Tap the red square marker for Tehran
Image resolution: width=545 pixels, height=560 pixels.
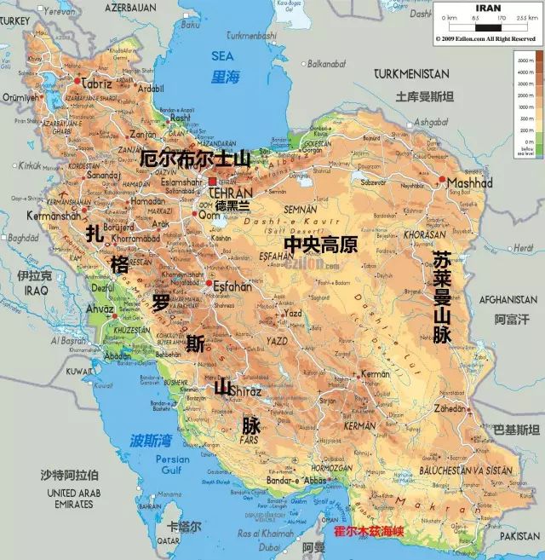coord(212,182)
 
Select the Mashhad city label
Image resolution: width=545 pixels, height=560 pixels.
coord(470,183)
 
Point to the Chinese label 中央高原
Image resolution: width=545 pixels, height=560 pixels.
coord(319,245)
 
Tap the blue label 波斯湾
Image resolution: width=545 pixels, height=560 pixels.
coord(151,441)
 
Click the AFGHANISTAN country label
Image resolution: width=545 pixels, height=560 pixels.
coord(508,300)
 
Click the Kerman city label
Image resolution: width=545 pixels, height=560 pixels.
coord(375,374)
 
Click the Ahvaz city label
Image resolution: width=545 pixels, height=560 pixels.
coord(100,309)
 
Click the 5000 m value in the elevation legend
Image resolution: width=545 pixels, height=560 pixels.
coord(524,61)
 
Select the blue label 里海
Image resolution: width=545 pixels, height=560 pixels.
coord(226,78)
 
